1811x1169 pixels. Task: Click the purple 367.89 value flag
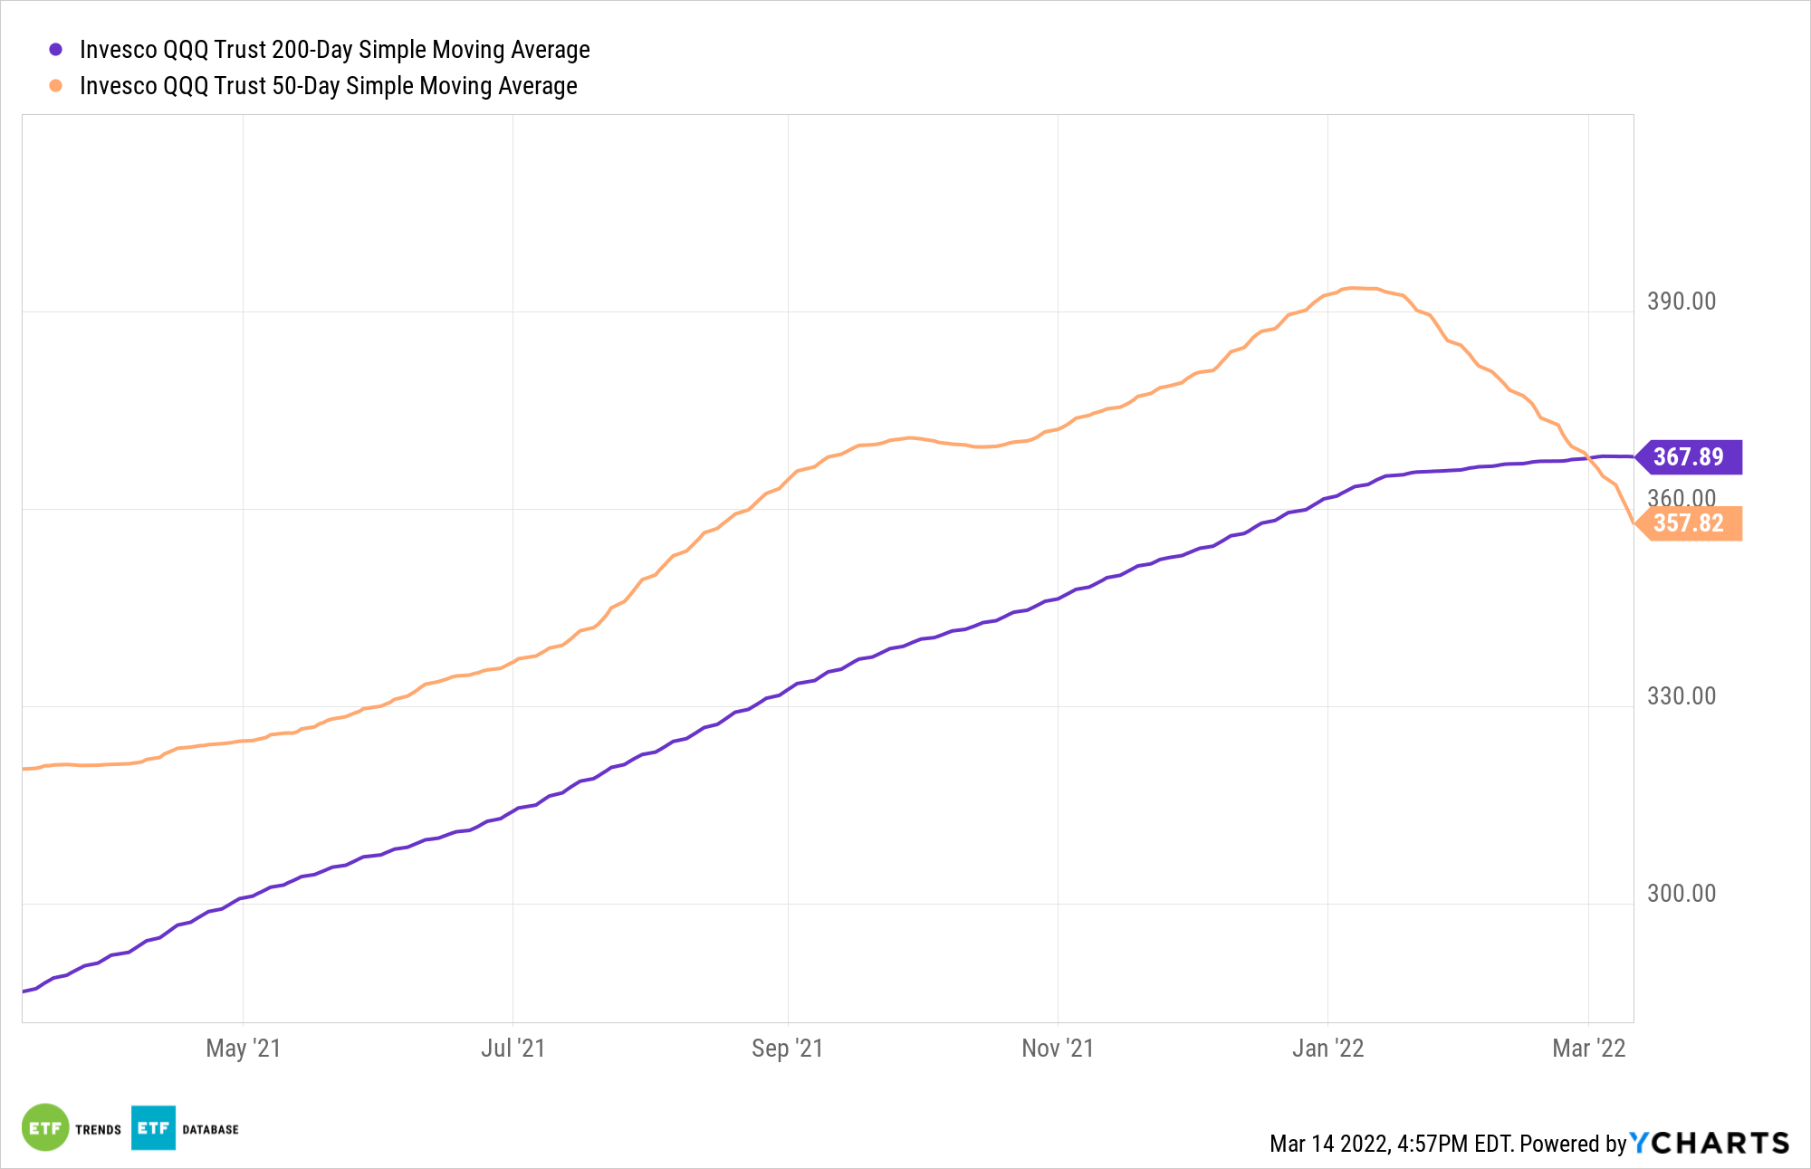coord(1689,456)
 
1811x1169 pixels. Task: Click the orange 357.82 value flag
coord(1689,523)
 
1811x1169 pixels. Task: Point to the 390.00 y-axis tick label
coord(1681,302)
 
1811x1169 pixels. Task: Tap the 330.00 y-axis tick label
coord(1681,696)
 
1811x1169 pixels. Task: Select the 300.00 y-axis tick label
coord(1681,894)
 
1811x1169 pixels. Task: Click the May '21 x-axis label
coord(243,1049)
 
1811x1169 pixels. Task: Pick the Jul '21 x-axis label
coord(513,1049)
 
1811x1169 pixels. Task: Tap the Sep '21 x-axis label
coord(787,1049)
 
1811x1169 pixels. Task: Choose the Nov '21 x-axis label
coord(1058,1049)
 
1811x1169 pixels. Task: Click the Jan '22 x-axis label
coord(1327,1049)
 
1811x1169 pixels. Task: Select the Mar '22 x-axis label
coord(1588,1049)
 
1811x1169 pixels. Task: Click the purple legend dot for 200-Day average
coord(55,50)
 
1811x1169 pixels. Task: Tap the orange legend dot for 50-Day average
coord(55,86)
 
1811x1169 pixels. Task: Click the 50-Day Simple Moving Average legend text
coord(328,86)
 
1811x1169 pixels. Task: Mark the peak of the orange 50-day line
coord(1354,288)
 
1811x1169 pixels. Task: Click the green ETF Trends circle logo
coord(44,1127)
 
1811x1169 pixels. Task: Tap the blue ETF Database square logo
coord(153,1127)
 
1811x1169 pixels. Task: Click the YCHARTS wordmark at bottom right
coord(1710,1144)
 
